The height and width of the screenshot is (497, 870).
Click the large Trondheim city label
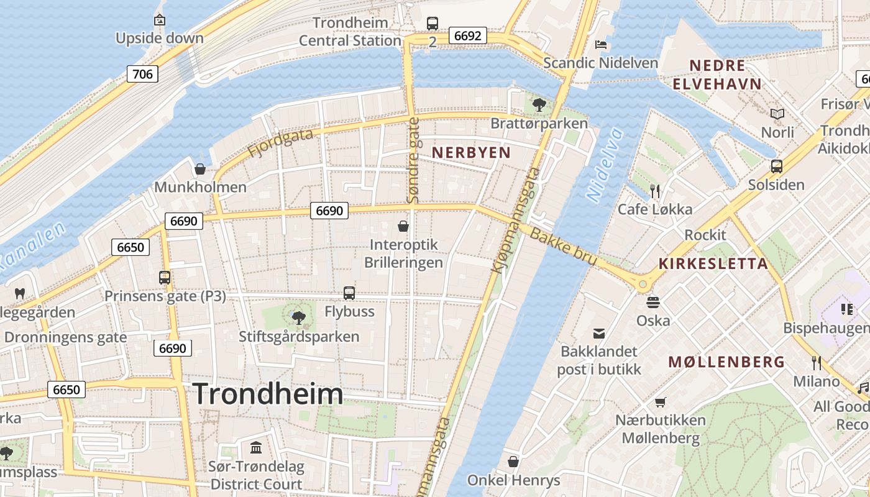(x=268, y=394)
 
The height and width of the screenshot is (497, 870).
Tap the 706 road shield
(x=142, y=75)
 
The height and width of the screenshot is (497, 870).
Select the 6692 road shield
(x=467, y=35)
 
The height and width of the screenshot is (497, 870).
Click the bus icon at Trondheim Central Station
(x=433, y=24)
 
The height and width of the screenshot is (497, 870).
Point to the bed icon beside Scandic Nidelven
(x=601, y=44)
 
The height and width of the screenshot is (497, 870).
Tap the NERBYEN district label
(x=471, y=152)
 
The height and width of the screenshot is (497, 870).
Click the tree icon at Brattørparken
(x=539, y=104)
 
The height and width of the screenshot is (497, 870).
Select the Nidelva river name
(x=604, y=165)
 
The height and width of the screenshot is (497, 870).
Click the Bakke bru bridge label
(x=564, y=246)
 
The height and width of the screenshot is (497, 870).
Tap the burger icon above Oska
(x=653, y=303)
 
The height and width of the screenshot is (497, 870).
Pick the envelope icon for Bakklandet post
(x=599, y=334)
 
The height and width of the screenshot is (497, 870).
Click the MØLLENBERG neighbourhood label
(x=726, y=362)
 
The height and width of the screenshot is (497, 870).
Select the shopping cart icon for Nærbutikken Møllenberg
(x=660, y=402)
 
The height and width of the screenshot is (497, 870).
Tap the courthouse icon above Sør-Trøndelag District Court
(x=255, y=447)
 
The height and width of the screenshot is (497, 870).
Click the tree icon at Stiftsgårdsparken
(x=299, y=318)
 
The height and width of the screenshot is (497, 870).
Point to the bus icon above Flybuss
(x=349, y=293)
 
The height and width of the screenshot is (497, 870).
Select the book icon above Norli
(x=777, y=114)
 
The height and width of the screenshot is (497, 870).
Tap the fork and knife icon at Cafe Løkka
(x=654, y=190)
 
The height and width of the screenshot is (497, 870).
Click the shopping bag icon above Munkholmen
(x=200, y=168)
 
